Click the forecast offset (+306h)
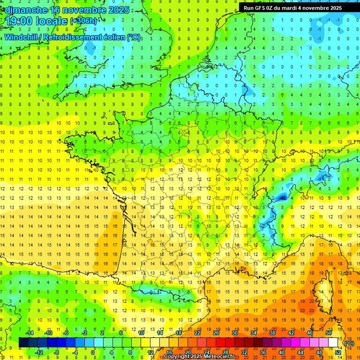[x=83, y=22]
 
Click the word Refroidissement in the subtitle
[x=74, y=37]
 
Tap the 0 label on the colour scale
[x=93, y=352]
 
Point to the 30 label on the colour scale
[x=235, y=333]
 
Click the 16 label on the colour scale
[x=169, y=352]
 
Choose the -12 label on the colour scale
[x=39, y=352]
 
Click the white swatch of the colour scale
[x=333, y=343]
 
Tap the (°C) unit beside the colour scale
[x=349, y=343]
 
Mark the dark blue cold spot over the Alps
[x=282, y=197]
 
